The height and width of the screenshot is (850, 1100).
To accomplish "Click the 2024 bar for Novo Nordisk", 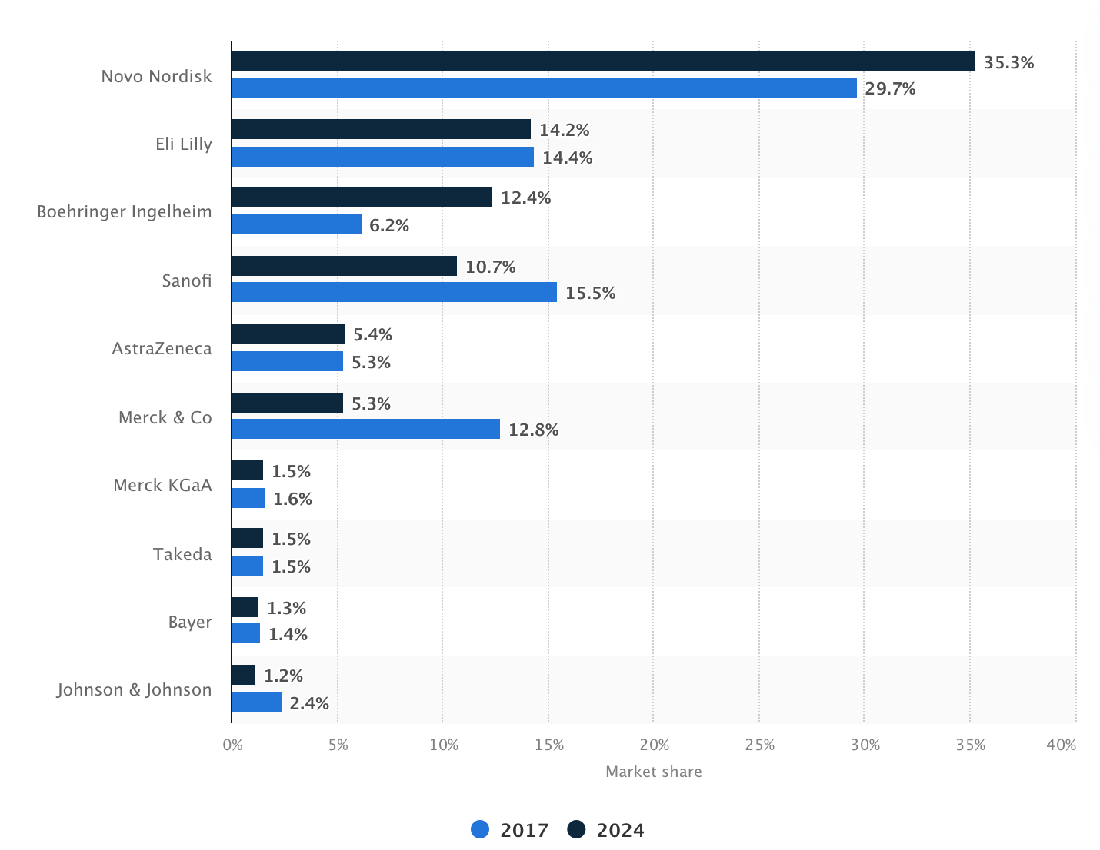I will [x=603, y=61].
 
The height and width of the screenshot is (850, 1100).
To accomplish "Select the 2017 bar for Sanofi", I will [x=394, y=292].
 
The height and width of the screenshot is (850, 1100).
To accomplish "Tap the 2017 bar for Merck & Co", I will [x=365, y=429].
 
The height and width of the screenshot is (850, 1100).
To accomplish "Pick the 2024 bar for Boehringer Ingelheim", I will [x=362, y=197].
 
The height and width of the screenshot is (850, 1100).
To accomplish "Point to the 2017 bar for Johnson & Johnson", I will [x=256, y=702].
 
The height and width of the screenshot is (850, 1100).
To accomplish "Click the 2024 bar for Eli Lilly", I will [x=381, y=129].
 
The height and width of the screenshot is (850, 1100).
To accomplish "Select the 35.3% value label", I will [x=1008, y=63].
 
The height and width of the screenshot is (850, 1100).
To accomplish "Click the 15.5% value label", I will [x=590, y=294].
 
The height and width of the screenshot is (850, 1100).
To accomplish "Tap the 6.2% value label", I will [x=388, y=226].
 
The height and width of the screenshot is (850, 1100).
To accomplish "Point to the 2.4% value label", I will [x=309, y=704].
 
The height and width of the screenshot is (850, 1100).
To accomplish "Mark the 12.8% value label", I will [x=533, y=430].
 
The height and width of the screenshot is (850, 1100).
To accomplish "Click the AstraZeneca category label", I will [x=162, y=349].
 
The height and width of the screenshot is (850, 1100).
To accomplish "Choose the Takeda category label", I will [x=182, y=555].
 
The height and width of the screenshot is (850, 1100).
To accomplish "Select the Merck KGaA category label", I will [x=162, y=486].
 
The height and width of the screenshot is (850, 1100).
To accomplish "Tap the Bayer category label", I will [x=190, y=623].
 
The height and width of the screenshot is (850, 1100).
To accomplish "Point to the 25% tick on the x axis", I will [x=759, y=745].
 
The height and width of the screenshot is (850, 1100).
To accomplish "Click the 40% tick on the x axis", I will [x=1062, y=745].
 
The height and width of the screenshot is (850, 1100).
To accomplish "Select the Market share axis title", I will [x=653, y=772].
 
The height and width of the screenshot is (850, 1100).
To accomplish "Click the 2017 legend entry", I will [x=510, y=831].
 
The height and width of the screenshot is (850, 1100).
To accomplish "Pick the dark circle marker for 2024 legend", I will [x=576, y=830].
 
